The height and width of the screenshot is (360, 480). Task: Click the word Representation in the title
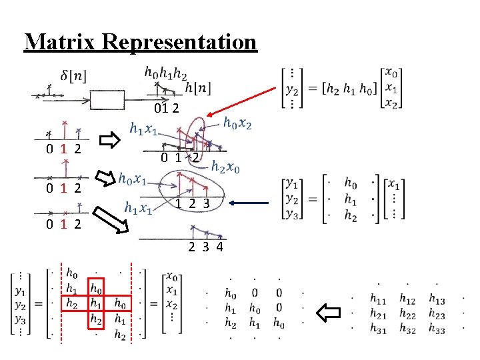(180, 41)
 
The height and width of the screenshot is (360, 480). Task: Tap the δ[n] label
(73, 77)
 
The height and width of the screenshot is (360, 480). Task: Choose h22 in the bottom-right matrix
(407, 314)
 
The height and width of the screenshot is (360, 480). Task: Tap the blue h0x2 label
(237, 123)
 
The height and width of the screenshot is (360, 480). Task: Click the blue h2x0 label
(226, 167)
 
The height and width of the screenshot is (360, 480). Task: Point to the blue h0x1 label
(132, 179)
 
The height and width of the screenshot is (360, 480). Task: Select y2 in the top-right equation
(291, 87)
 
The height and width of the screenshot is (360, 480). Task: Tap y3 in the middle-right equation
(291, 213)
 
